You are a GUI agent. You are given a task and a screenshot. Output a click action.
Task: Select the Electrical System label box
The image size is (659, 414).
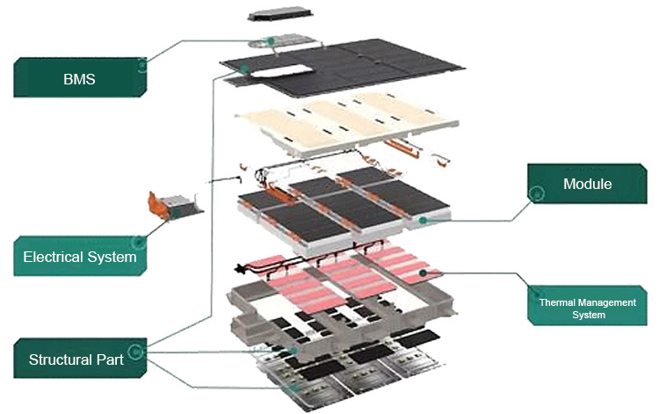(x=80, y=257)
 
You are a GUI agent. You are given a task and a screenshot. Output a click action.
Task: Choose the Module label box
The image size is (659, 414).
(x=587, y=185)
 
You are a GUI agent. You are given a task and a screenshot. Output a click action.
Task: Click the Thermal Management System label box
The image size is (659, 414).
(x=587, y=308)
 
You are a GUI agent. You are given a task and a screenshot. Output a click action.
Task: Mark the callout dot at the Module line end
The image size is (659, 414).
(x=423, y=221)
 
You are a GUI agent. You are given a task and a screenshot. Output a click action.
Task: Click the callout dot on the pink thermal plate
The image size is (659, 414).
(x=424, y=273)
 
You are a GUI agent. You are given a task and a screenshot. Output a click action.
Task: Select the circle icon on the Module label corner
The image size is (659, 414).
(x=530, y=201)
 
